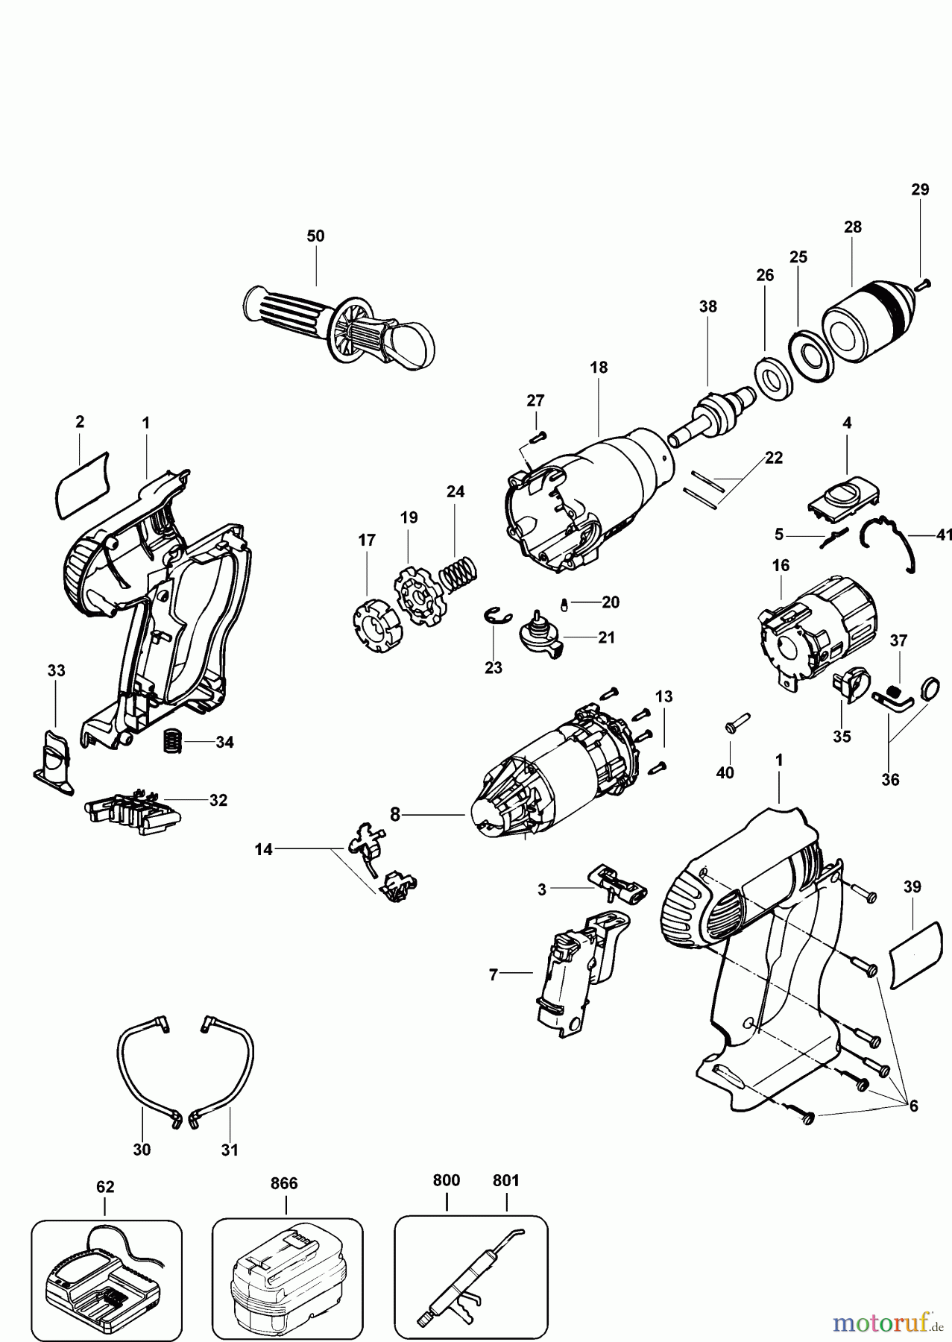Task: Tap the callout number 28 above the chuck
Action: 852,227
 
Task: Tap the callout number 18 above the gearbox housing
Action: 598,368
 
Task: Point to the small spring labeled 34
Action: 173,742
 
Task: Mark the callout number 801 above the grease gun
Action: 506,1180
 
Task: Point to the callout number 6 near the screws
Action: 913,1106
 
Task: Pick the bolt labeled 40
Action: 734,722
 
